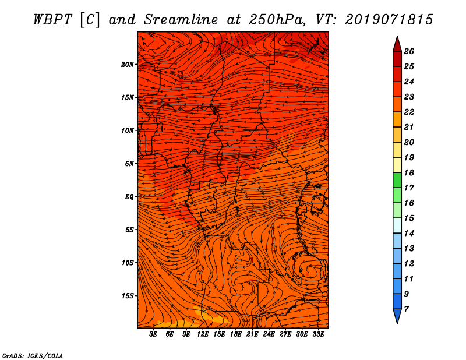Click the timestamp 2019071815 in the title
(389, 19)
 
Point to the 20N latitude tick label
(128, 64)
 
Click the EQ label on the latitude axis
(129, 196)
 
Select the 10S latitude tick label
(128, 263)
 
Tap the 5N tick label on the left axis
(129, 163)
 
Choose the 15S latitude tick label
(128, 295)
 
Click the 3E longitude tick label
(154, 334)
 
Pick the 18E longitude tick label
(236, 334)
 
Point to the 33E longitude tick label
(319, 334)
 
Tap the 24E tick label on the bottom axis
(269, 334)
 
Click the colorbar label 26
(409, 51)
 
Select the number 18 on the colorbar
(409, 172)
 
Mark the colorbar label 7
(407, 309)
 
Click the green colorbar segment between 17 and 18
(397, 180)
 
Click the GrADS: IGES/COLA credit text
(32, 355)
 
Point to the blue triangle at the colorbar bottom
(397, 316)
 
